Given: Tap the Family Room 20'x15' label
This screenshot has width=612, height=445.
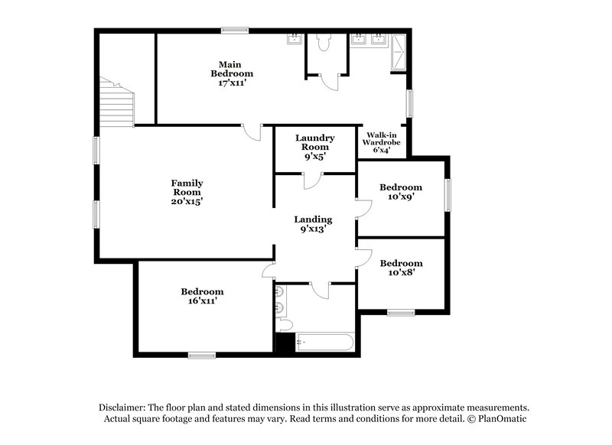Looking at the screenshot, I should [187, 192].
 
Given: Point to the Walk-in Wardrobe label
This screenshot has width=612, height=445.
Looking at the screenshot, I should [381, 142].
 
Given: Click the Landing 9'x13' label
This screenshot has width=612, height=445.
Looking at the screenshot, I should [314, 223].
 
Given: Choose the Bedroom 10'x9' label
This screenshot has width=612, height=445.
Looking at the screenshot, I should [401, 192].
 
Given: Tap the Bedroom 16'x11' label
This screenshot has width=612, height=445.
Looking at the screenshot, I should [202, 296].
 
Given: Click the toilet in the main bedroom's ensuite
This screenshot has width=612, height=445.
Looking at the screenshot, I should [323, 43].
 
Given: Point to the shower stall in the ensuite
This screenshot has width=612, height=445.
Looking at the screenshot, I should [399, 52].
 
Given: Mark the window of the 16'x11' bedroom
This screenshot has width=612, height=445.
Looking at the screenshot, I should [202, 354].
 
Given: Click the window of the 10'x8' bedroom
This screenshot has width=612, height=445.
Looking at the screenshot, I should [400, 312].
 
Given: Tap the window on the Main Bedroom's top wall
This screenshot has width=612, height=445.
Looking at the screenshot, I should [234, 31].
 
